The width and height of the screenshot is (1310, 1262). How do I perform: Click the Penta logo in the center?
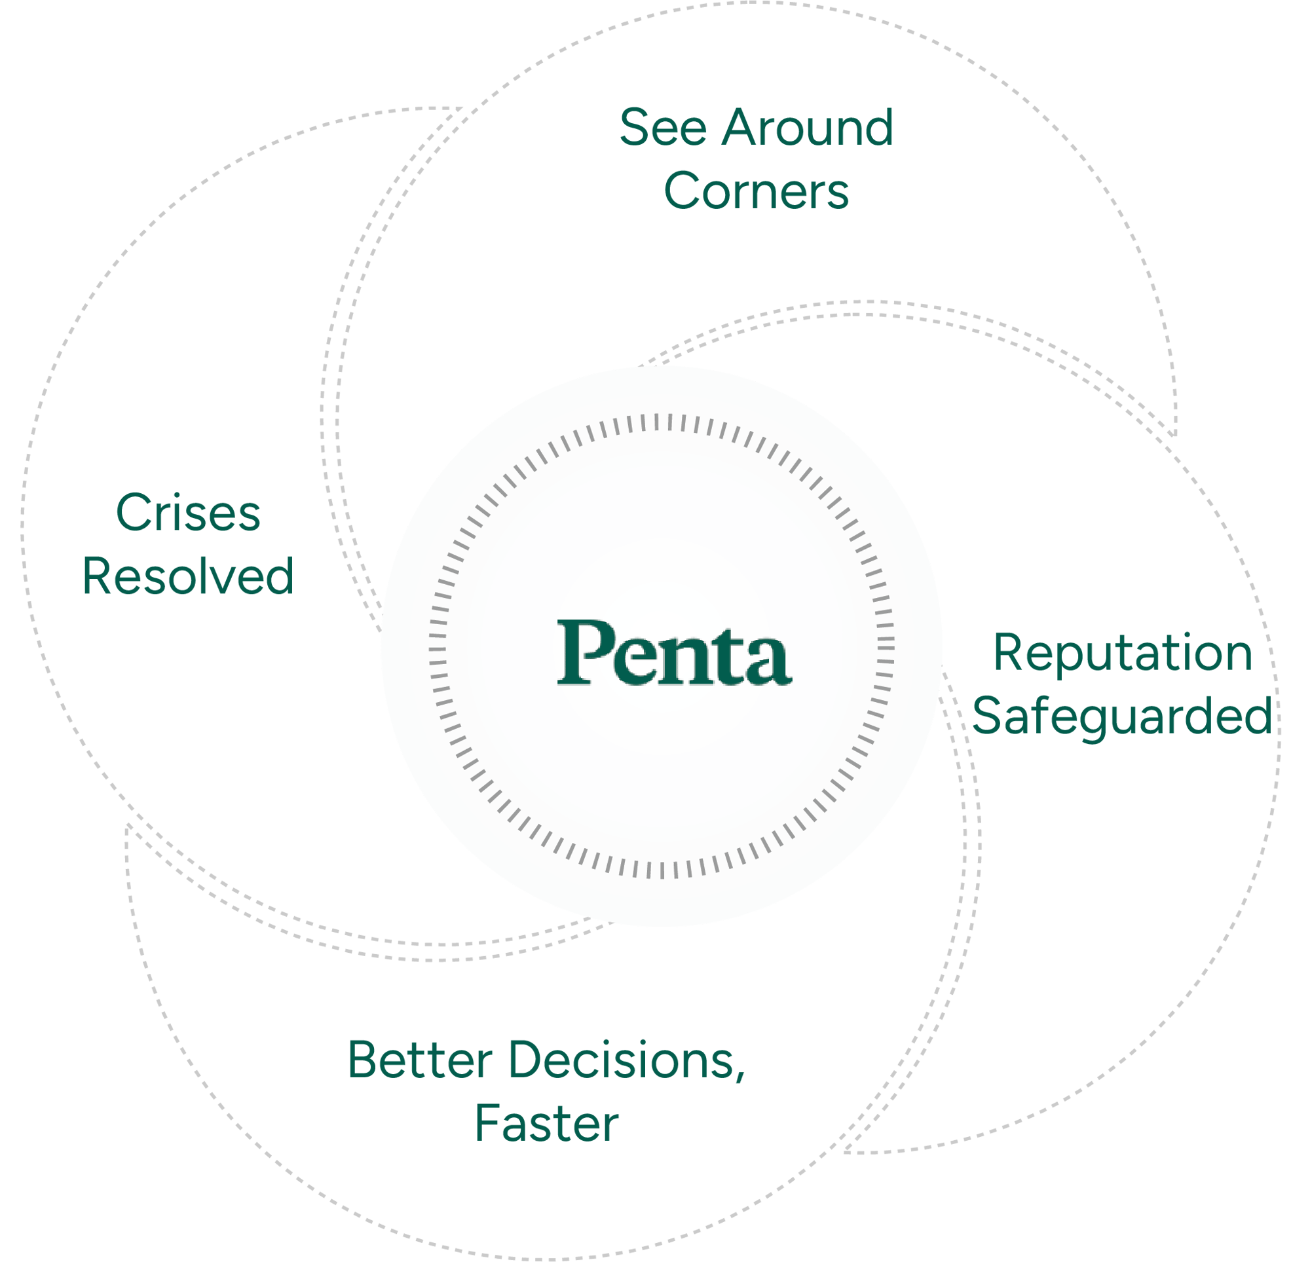[x=675, y=652]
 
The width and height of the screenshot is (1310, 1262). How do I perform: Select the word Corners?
[x=756, y=191]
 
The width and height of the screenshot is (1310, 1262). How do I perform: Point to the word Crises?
[x=189, y=513]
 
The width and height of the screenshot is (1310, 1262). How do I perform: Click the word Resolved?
[x=188, y=576]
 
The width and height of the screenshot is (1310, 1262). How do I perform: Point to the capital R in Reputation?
[x=1010, y=652]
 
